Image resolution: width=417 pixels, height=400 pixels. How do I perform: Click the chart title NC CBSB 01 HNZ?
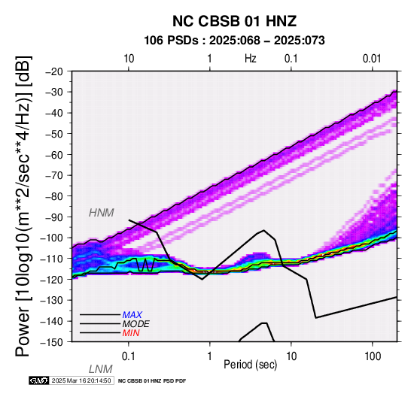coord(234,21)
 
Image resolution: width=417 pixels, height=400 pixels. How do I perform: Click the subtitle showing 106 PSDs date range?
coord(234,41)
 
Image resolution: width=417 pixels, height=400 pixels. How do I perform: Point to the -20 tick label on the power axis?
coord(54,71)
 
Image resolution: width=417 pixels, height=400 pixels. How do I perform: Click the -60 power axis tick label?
coord(54,155)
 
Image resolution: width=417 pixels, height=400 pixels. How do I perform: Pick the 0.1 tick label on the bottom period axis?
coord(128,356)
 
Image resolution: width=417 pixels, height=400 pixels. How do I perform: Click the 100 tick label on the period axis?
coord(373,356)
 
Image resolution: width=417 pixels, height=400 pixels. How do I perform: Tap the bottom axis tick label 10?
coord(291,356)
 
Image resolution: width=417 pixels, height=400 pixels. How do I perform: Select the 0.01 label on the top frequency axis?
coord(372,59)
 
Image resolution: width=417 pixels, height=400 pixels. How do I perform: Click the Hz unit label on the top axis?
coord(250,59)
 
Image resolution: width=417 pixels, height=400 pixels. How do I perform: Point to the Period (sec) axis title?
coord(250,365)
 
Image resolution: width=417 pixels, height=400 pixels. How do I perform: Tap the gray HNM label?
coord(102,213)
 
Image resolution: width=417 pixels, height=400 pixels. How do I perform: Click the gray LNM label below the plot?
coord(101,369)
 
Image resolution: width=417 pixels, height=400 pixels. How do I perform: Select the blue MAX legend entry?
coord(132,315)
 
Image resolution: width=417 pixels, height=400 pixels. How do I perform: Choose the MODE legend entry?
coord(136,324)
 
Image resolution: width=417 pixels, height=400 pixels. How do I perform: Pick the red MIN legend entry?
coord(131,333)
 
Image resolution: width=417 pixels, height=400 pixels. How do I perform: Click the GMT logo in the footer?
coord(39,380)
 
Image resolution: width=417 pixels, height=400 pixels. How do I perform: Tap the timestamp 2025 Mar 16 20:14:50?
coord(81,380)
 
